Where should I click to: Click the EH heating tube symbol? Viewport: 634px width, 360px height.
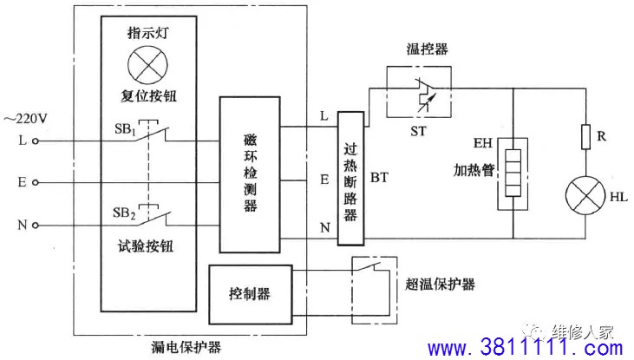tap(513, 170)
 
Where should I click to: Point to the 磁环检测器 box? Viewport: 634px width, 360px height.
tap(250, 173)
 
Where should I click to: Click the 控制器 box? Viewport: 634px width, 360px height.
tap(251, 293)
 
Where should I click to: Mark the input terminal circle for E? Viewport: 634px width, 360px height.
tap(36, 183)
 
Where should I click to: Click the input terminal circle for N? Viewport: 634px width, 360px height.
tap(36, 226)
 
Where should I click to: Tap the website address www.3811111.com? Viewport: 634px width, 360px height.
tap(526, 348)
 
